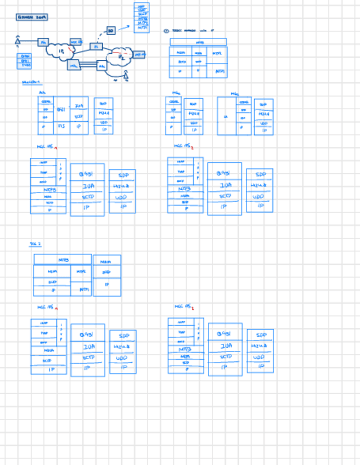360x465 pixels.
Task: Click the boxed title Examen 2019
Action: coord(32,18)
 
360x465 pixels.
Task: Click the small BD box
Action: coord(111,31)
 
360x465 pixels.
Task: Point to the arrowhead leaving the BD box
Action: coord(129,25)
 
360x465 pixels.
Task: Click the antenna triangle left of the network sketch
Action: coord(18,40)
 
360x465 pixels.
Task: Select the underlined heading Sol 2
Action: coord(35,243)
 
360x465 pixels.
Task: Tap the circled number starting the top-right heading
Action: coord(166,31)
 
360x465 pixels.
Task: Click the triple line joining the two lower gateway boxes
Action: coord(88,65)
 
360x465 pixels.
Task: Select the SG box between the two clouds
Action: coord(96,47)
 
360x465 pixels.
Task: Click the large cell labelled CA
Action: coord(226,116)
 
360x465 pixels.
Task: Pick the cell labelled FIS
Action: coord(61,126)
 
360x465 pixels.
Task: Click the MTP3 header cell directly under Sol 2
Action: coord(63,259)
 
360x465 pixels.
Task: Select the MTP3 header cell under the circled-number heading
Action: coord(198,42)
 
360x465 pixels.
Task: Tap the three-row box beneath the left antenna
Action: coord(26,61)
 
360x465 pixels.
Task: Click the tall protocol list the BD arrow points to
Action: coord(142,18)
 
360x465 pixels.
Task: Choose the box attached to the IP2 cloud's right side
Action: coord(140,54)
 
